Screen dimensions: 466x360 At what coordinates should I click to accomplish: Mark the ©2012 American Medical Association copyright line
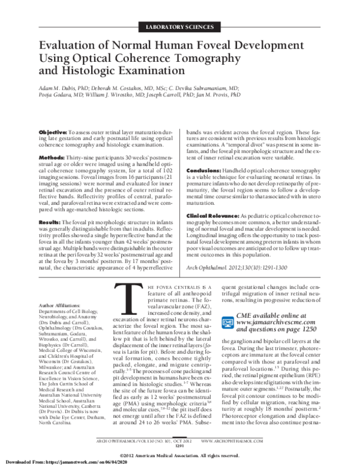[x=180, y=453]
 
